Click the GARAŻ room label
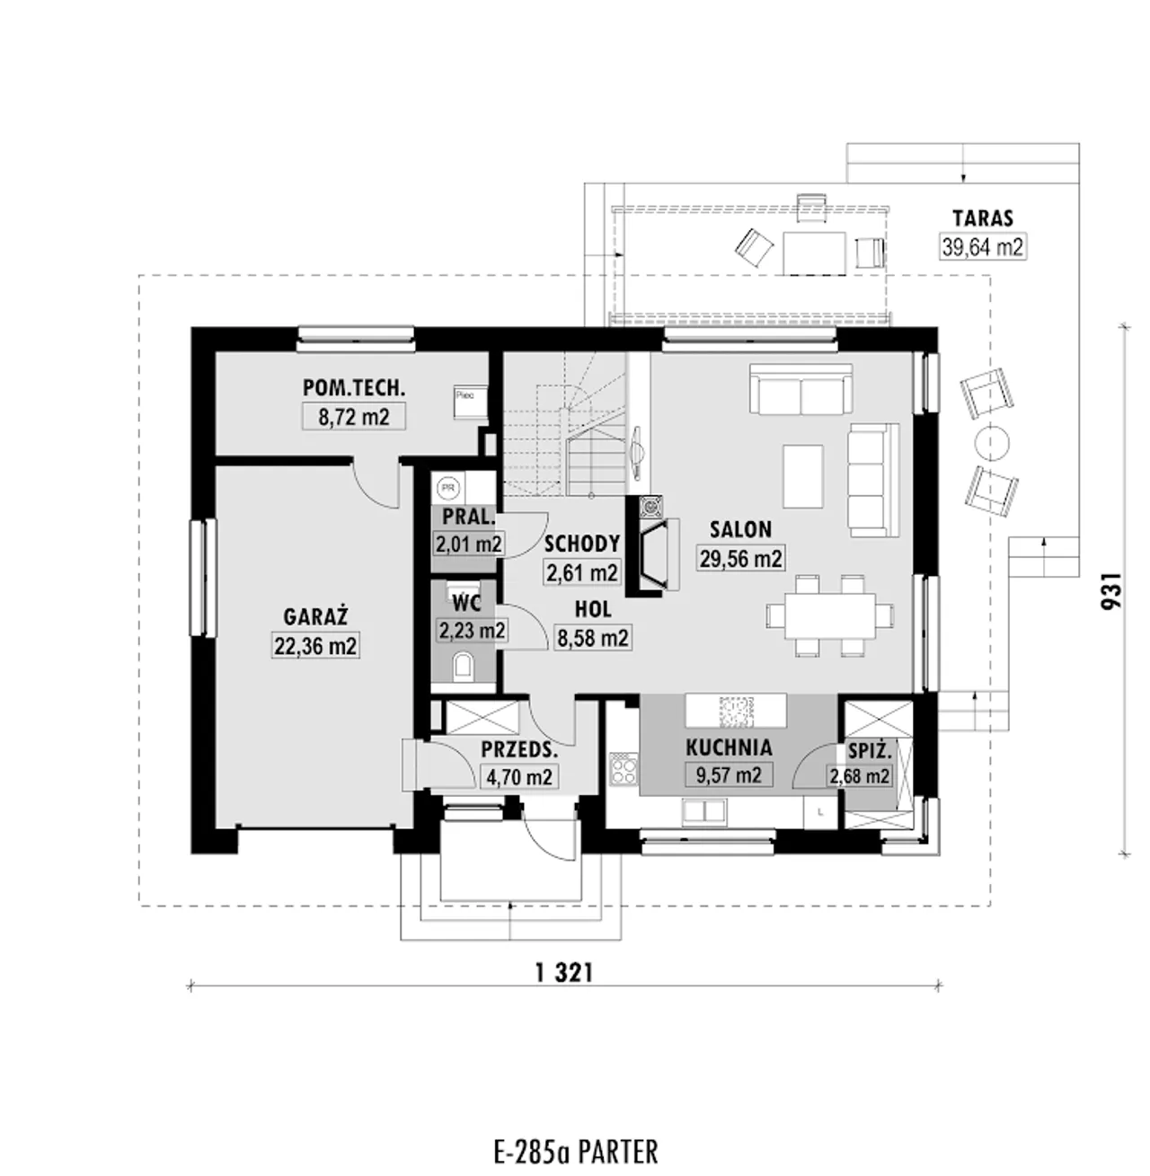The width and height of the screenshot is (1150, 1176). [x=315, y=617]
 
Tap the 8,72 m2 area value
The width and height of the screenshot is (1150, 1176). [x=353, y=417]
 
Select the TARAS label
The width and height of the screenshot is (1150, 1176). [x=983, y=217]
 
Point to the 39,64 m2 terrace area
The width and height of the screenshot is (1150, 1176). [x=983, y=246]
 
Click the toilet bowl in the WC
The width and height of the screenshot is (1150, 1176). [x=464, y=667]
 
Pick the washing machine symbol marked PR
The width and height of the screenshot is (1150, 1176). [x=447, y=487]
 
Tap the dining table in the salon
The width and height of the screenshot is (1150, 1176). [x=830, y=615]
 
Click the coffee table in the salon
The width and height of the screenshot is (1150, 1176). [x=802, y=477]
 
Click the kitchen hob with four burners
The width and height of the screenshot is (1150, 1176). [x=623, y=769]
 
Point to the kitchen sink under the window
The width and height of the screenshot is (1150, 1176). [x=703, y=811]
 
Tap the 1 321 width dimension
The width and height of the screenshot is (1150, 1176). [x=564, y=973]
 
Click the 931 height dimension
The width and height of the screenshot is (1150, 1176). [x=1112, y=590]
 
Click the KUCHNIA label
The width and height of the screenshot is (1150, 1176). [x=729, y=747]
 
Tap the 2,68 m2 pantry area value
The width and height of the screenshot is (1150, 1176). [x=859, y=776]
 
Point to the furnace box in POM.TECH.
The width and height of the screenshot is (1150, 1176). [x=471, y=402]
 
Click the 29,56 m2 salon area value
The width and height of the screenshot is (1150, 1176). [x=741, y=558]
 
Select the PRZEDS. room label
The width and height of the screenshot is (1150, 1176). [x=519, y=750]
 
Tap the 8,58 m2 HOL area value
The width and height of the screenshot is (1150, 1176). [x=593, y=638]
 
